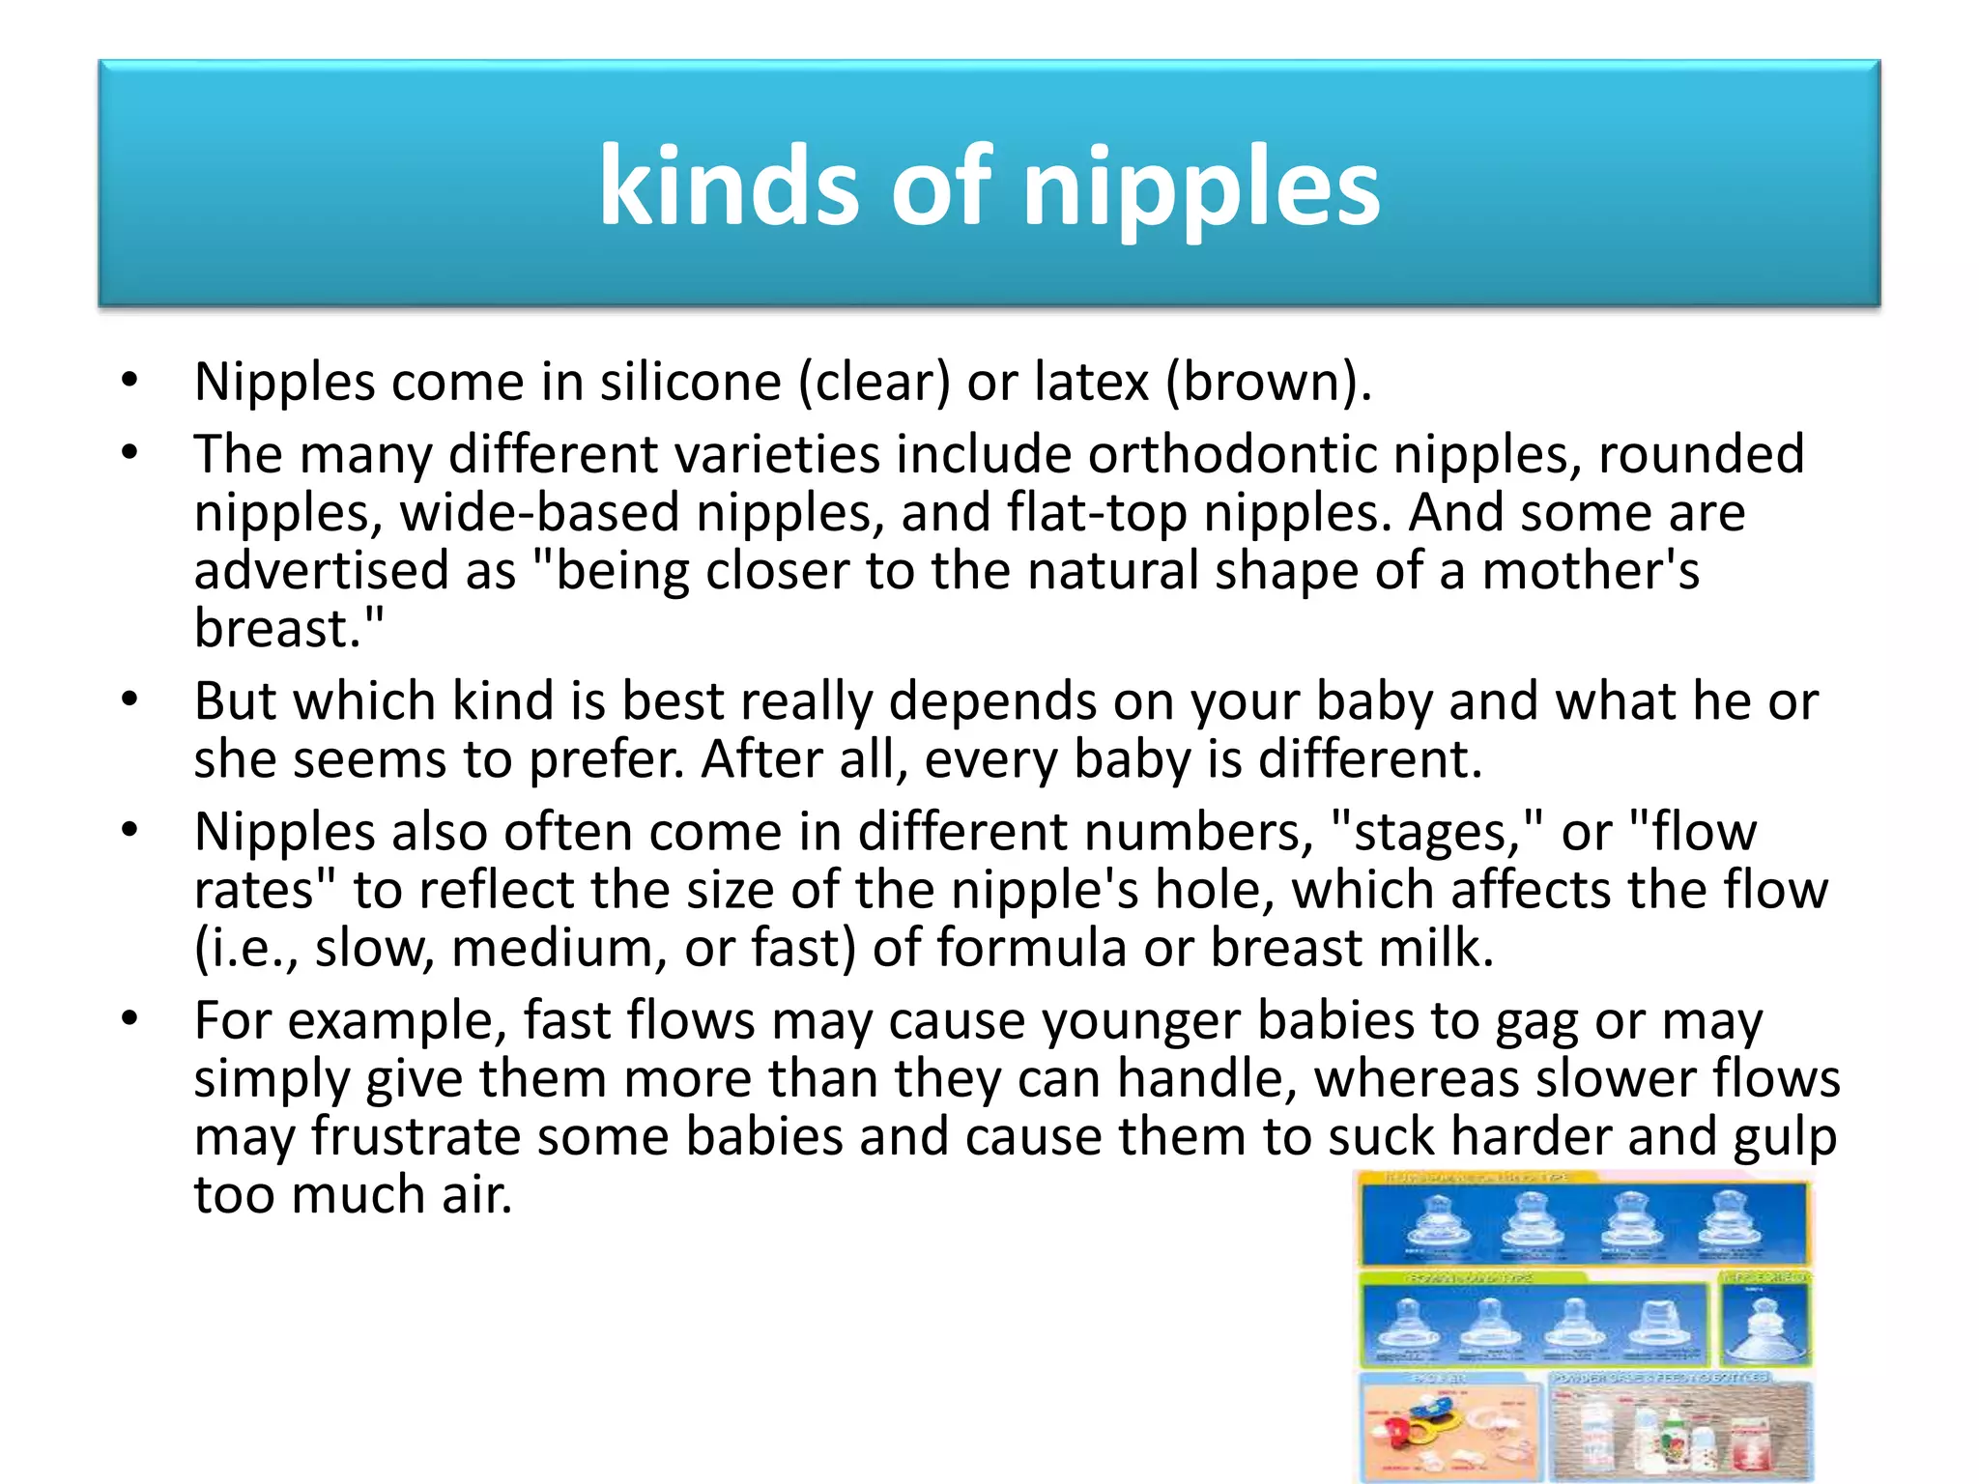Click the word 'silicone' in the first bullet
click(690, 382)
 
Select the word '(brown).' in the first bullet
click(1268, 382)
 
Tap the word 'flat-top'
click(1097, 512)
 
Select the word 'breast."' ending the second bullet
click(288, 628)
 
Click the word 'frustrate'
click(416, 1137)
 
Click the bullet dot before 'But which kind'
click(130, 699)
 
